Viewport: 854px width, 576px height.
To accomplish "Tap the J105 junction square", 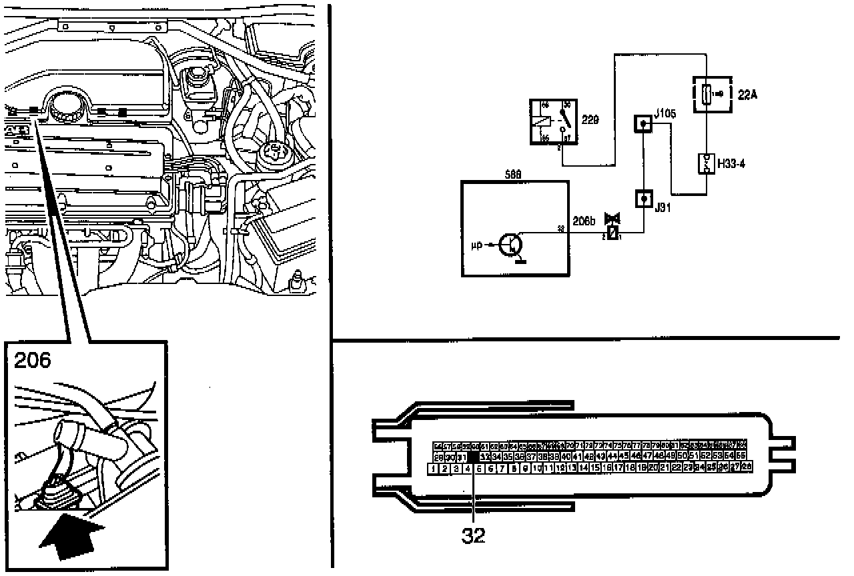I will (643, 123).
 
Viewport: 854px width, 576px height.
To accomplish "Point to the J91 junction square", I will (643, 199).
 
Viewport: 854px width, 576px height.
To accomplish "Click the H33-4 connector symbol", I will (706, 163).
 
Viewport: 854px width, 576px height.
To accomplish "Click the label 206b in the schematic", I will (584, 219).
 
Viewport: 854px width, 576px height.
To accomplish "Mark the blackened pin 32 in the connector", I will (473, 457).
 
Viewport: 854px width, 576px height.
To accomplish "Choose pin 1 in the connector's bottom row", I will (434, 469).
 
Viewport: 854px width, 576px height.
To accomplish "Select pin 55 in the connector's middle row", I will (741, 456).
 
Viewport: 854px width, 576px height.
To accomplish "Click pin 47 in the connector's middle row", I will (647, 456).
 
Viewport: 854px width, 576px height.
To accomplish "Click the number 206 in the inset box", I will (33, 361).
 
